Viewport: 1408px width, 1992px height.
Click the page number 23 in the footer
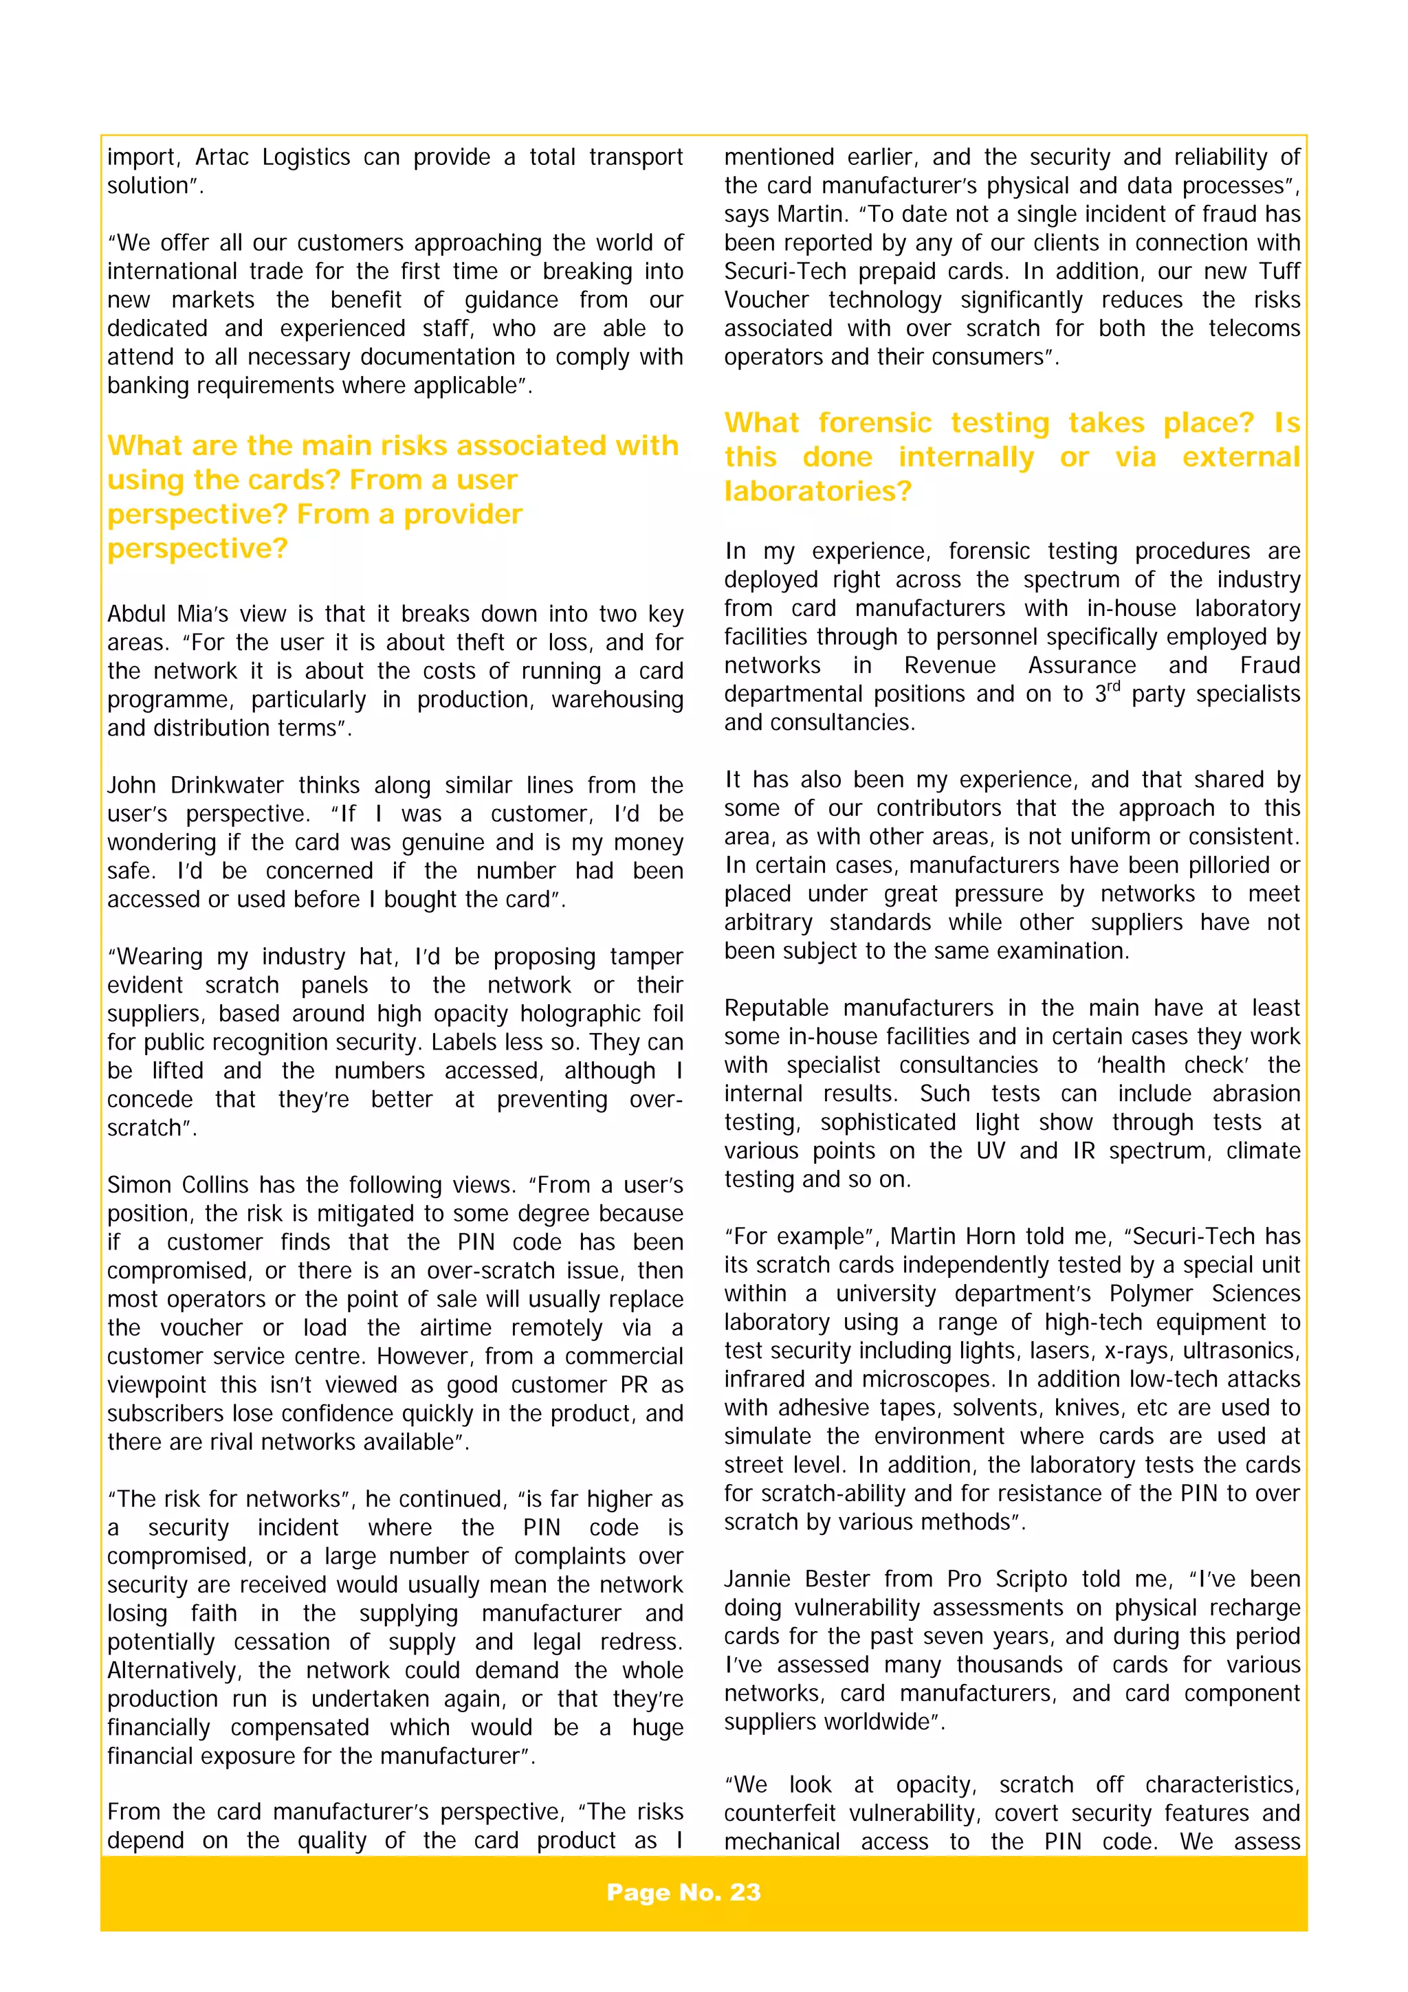[x=745, y=1892]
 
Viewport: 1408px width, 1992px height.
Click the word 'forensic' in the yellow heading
[x=874, y=423]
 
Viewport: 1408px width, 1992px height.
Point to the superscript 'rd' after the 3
[x=1113, y=686]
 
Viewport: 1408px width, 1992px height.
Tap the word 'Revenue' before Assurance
[x=950, y=665]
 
